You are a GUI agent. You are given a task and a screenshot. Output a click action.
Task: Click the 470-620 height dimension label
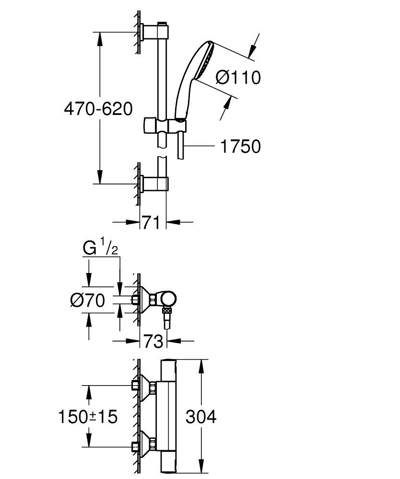tap(98, 109)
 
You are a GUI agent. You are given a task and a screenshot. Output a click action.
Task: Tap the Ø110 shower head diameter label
tap(237, 77)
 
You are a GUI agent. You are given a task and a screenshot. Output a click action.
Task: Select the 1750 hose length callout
tap(240, 147)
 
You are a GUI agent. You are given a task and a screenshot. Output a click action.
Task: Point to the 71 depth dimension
tap(151, 222)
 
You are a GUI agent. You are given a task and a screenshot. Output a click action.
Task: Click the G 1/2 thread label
tap(100, 249)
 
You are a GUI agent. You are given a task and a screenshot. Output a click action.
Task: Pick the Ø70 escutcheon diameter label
tap(87, 301)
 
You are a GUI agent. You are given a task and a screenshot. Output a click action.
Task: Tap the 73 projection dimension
tap(152, 342)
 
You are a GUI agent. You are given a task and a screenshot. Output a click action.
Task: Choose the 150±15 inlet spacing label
tap(88, 417)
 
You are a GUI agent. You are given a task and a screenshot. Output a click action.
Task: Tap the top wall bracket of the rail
tap(156, 32)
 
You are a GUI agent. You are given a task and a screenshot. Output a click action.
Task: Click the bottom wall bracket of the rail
tap(155, 183)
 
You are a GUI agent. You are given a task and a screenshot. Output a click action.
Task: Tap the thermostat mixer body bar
tap(169, 417)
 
